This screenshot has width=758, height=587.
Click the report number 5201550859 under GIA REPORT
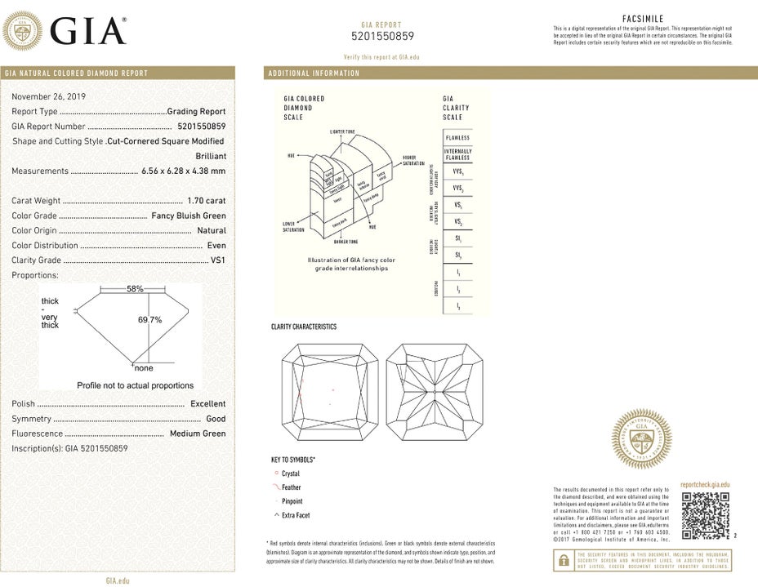382,36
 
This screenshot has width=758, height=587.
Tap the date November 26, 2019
49,96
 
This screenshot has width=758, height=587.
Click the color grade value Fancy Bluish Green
189,216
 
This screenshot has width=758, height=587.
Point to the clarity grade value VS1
217,260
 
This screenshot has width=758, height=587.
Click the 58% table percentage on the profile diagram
135,289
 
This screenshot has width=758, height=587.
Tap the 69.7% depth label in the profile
149,320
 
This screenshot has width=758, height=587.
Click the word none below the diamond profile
144,368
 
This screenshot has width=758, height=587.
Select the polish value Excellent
207,404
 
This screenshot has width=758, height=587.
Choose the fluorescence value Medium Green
197,434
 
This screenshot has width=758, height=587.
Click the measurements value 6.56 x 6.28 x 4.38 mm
182,171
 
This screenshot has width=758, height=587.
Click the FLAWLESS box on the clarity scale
457,138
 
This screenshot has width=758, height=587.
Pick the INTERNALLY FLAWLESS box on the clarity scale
457,154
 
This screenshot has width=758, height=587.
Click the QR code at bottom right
705,515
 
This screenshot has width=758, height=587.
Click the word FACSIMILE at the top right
642,18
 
